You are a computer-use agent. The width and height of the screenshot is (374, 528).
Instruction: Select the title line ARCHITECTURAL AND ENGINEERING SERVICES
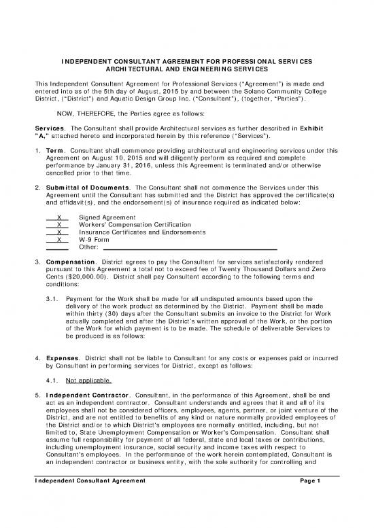pyautogui.click(x=186, y=70)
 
